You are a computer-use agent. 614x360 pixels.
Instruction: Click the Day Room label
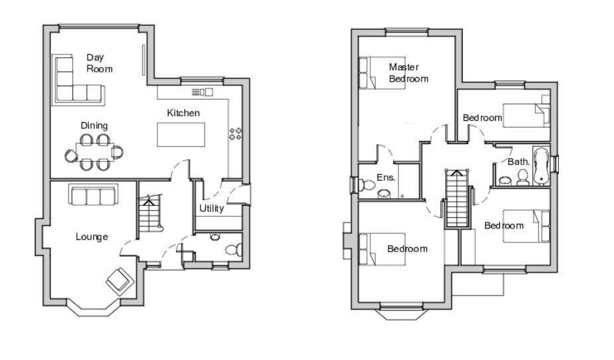(99, 63)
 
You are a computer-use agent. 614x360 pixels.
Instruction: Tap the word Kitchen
(183, 113)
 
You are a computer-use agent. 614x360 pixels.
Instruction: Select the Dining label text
(94, 126)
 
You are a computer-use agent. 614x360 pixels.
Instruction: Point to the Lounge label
(92, 236)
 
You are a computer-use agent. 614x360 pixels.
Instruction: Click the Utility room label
(212, 209)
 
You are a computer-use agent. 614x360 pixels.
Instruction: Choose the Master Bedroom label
(408, 72)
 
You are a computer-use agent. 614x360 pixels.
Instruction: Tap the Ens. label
(386, 177)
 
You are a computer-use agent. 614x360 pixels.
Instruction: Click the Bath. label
(518, 161)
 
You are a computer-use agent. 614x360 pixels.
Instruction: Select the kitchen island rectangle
(181, 135)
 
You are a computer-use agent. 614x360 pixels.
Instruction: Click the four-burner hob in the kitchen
(235, 134)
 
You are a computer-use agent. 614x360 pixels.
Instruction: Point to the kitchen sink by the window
(202, 92)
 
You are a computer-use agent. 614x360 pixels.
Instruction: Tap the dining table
(94, 152)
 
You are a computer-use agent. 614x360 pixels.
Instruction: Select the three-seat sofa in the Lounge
(92, 196)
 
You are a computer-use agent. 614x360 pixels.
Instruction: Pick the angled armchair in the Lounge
(119, 280)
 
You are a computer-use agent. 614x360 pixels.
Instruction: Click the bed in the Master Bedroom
(382, 72)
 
